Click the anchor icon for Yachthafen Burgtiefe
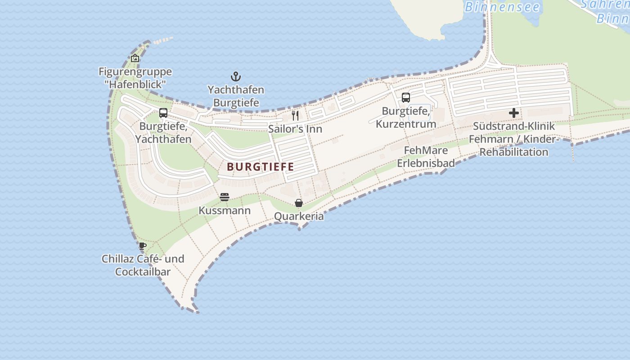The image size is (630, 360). click(x=236, y=76)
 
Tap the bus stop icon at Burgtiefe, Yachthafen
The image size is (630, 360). click(x=163, y=113)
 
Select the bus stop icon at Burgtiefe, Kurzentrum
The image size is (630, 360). click(x=406, y=98)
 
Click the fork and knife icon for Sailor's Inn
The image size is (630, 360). click(x=295, y=116)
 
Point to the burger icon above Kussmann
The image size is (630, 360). click(x=225, y=197)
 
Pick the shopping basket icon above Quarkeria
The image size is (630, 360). click(x=299, y=203)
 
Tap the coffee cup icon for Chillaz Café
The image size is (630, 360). click(x=143, y=246)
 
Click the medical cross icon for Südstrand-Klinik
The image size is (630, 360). click(x=514, y=113)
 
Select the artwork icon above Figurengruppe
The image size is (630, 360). click(x=135, y=58)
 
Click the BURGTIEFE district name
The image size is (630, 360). click(x=261, y=167)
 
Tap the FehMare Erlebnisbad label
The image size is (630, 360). click(x=426, y=157)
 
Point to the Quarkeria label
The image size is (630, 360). click(x=299, y=216)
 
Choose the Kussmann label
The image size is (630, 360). click(x=225, y=211)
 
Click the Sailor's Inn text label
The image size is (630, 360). click(x=295, y=129)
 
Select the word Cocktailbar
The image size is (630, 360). click(x=143, y=272)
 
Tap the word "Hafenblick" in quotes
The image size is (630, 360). click(x=135, y=84)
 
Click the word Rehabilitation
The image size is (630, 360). click(x=514, y=152)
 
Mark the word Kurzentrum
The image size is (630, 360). click(x=406, y=124)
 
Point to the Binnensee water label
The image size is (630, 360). click(x=502, y=7)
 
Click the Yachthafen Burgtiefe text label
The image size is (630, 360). click(x=236, y=96)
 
